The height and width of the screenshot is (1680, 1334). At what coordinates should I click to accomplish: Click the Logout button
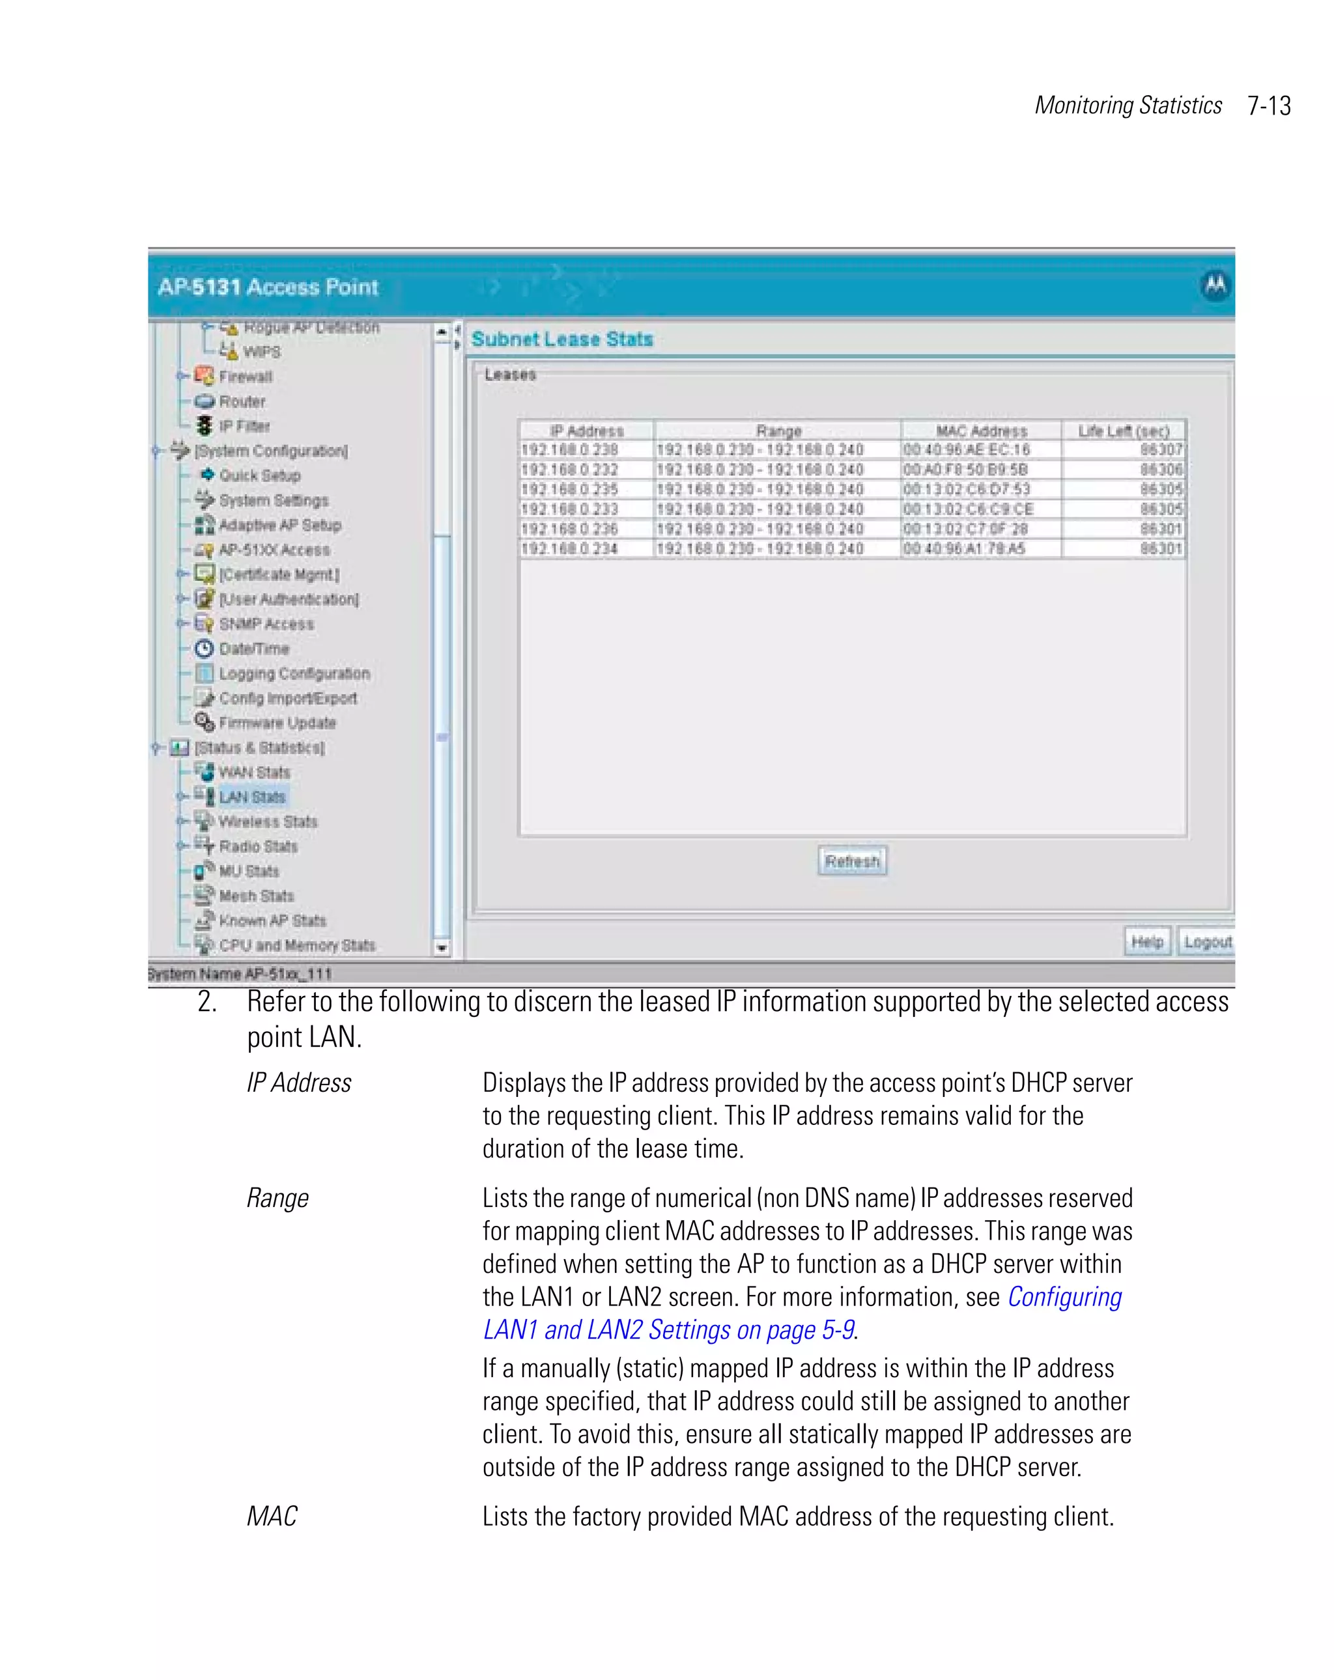[1206, 942]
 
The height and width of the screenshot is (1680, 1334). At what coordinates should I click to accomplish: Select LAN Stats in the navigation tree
[251, 797]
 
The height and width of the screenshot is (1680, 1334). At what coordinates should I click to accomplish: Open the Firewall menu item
[246, 377]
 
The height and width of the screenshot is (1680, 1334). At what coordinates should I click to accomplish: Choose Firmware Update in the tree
[277, 723]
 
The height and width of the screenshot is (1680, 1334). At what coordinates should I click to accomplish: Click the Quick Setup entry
[259, 476]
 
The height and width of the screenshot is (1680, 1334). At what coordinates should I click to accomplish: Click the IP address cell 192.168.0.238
[569, 449]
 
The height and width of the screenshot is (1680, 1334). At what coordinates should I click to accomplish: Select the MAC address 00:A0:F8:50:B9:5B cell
[965, 470]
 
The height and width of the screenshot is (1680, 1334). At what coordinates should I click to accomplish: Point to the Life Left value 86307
[1160, 449]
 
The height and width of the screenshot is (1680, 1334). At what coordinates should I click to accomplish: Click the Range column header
[778, 431]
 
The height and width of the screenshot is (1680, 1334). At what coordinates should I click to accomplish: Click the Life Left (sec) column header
[1123, 431]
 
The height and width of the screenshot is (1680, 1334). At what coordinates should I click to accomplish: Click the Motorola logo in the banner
[1215, 285]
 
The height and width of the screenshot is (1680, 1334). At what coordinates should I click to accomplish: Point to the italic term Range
[277, 1199]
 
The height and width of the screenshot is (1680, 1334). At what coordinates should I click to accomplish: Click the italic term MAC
[272, 1516]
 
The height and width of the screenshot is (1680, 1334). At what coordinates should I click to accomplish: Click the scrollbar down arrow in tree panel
[442, 948]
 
